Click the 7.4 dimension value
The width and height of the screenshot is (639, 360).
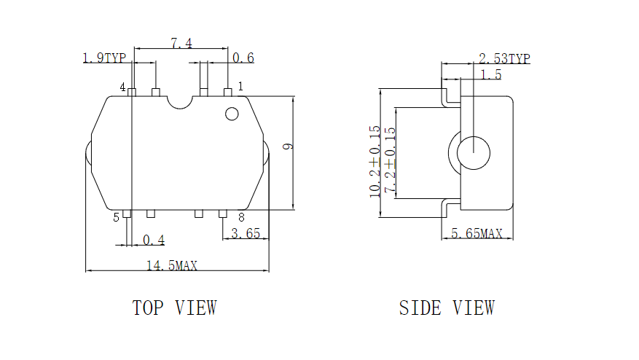181,43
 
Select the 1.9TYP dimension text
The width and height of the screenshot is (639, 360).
104,58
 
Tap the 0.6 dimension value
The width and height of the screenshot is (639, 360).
243,58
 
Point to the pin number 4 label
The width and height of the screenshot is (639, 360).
122,87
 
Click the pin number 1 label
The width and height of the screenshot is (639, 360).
241,86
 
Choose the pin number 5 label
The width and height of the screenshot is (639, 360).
116,217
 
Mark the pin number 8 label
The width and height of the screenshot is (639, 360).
242,217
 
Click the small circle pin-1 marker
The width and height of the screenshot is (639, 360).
232,114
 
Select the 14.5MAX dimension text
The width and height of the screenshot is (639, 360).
172,266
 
